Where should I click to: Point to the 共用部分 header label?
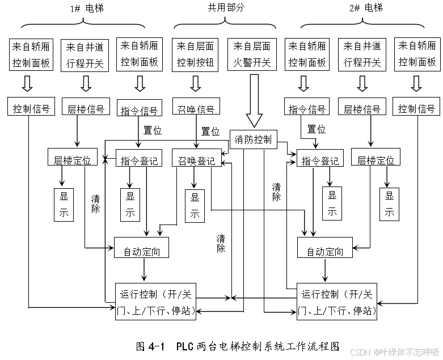pyautogui.click(x=225, y=8)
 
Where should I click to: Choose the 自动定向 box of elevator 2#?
pyautogui.click(x=324, y=252)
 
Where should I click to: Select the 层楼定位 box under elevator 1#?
pyautogui.click(x=73, y=160)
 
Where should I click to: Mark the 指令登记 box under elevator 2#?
pyautogui.click(x=320, y=161)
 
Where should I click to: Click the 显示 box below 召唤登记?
pyautogui.click(x=195, y=205)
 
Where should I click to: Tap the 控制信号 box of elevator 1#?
pyautogui.click(x=31, y=108)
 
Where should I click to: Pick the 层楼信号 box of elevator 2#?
pyautogui.click(x=362, y=108)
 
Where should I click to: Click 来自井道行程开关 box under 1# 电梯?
pyautogui.click(x=85, y=55)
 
